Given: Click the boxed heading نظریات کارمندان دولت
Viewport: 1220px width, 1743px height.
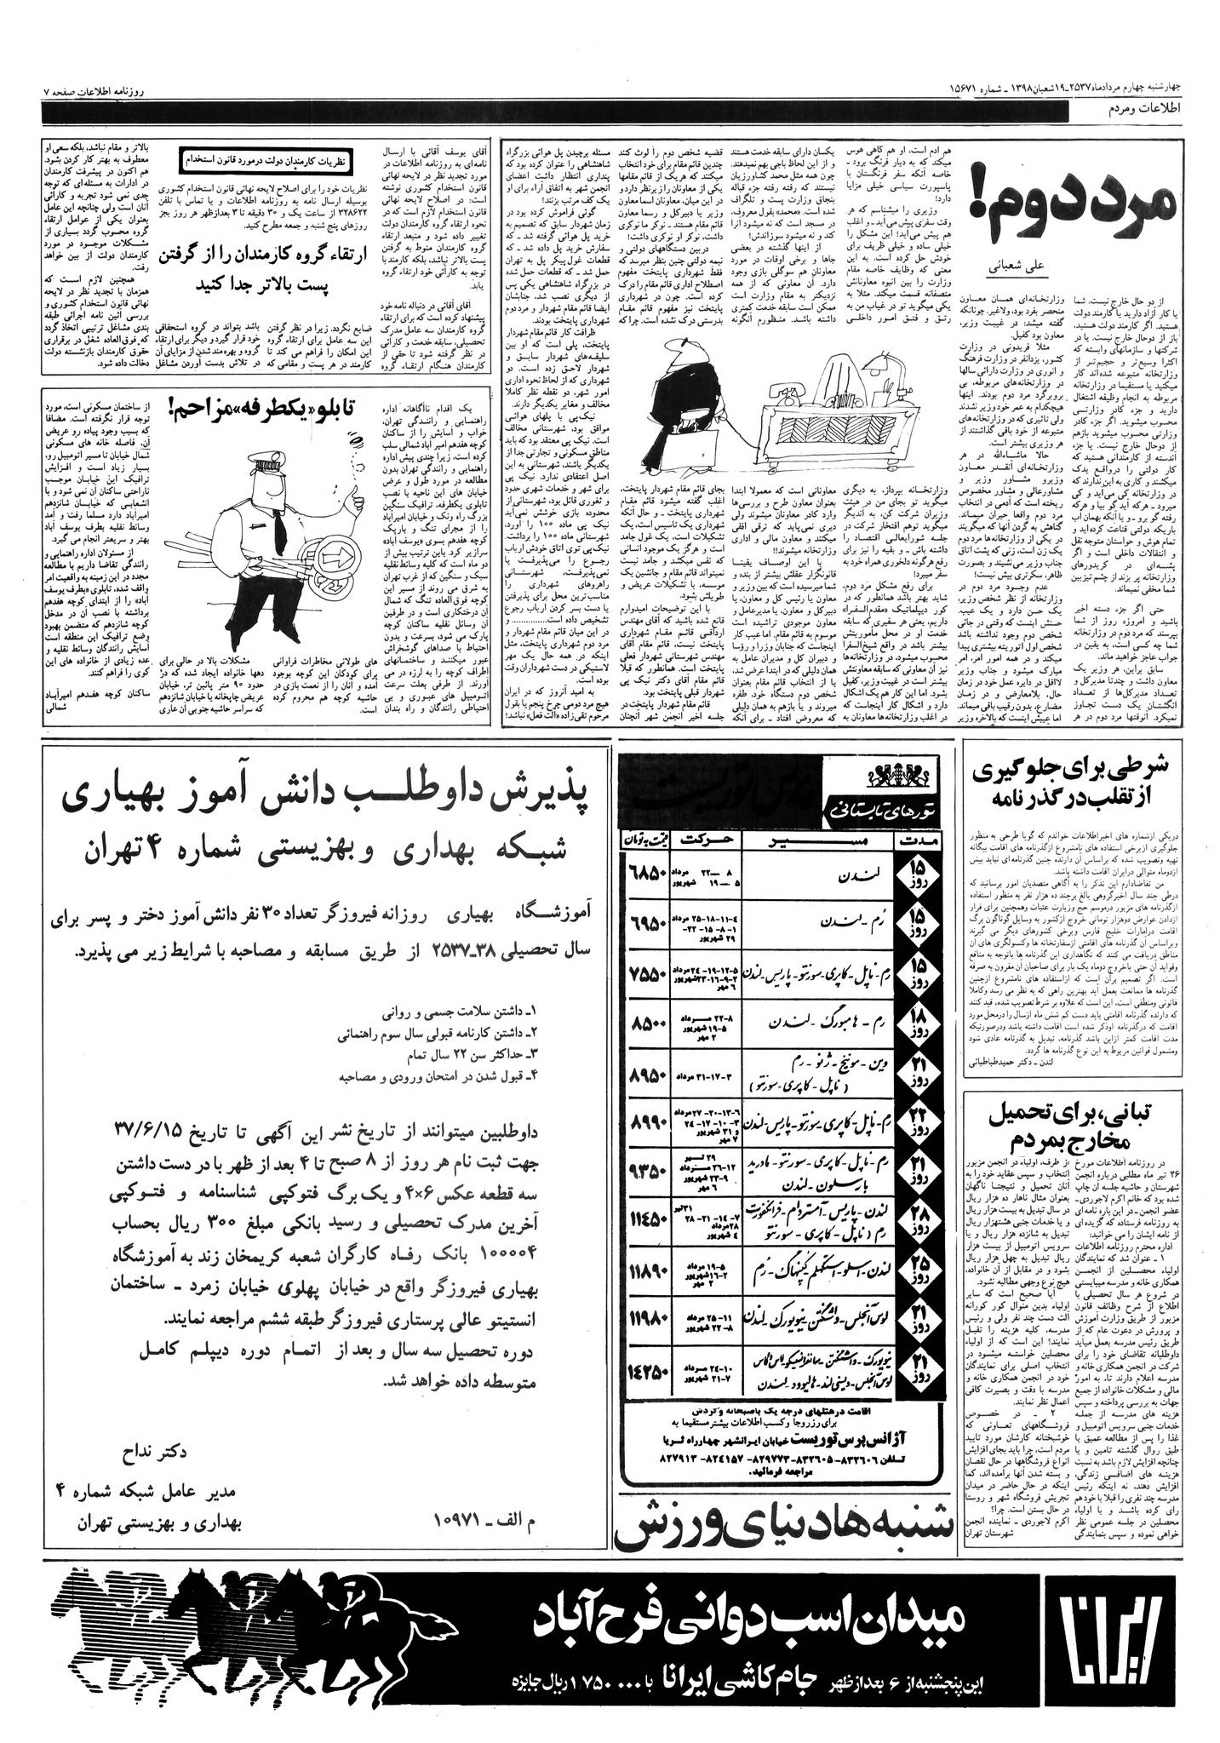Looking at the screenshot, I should [269, 158].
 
